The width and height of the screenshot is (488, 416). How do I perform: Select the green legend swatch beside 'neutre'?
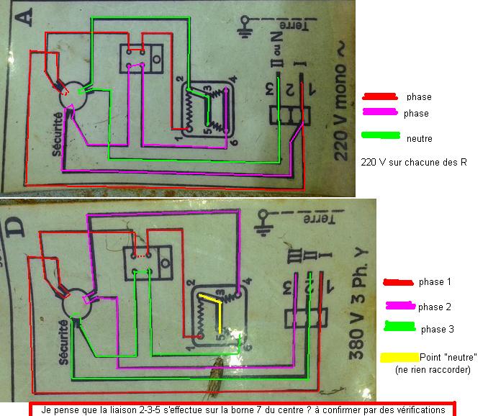click(381, 135)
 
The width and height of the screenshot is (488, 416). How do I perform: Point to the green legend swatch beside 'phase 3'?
click(399, 329)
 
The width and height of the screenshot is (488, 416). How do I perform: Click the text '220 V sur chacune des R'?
click(414, 162)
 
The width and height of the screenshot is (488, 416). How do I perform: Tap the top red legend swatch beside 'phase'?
click(379, 96)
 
